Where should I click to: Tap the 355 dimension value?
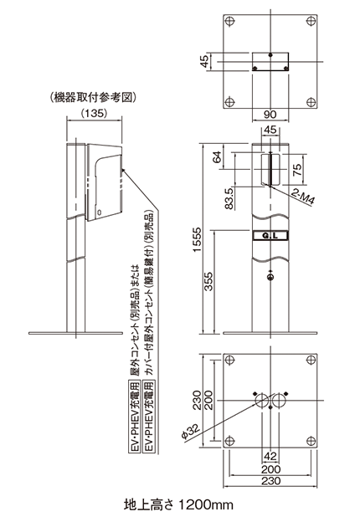[208, 281]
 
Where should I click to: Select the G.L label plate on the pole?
[270, 236]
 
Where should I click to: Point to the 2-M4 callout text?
[303, 197]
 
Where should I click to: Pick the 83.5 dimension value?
[229, 198]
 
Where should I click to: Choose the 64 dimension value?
[218, 157]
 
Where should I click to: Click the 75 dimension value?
[298, 170]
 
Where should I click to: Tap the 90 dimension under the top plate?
[270, 115]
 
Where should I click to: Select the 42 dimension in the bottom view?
[270, 456]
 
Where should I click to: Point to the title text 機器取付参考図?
[93, 98]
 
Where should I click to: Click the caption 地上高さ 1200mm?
[178, 504]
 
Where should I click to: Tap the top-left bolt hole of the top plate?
[229, 21]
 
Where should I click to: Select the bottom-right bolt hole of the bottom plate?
[311, 441]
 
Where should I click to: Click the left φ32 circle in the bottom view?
[262, 401]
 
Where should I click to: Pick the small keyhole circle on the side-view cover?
[99, 212]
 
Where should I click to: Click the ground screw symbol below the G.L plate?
[270, 277]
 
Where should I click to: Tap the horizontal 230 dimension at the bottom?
[270, 481]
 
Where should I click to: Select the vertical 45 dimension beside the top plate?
[204, 61]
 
